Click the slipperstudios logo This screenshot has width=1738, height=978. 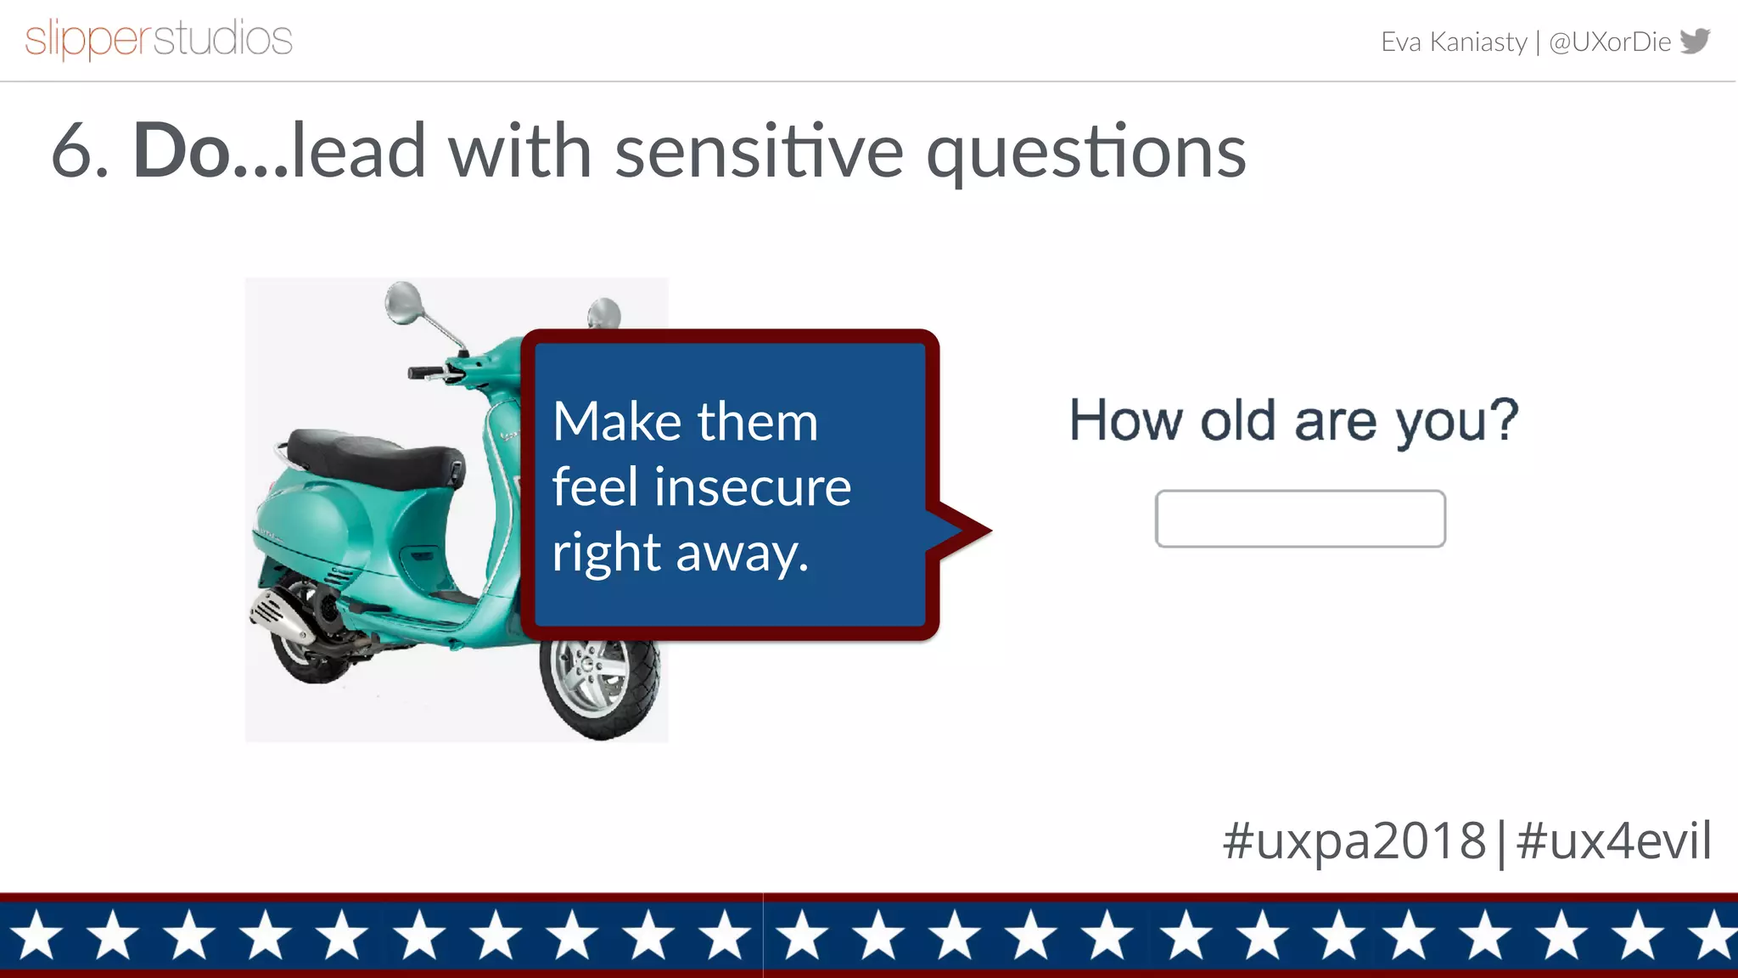(159, 39)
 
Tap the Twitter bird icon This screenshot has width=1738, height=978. (1696, 40)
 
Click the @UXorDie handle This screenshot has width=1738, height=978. (1609, 42)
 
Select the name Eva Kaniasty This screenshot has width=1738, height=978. (1453, 42)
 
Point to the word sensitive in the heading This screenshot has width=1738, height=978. (759, 151)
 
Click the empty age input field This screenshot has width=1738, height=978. (1299, 519)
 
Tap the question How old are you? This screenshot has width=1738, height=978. (1293, 420)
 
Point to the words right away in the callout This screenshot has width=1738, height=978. (680, 553)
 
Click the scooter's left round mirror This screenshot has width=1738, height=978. (402, 301)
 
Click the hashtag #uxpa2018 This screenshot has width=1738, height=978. (1354, 840)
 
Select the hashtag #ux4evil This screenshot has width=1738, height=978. (1613, 840)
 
